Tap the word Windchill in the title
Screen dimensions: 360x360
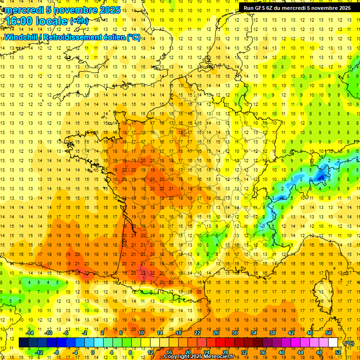22,37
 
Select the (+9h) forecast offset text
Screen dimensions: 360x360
78,21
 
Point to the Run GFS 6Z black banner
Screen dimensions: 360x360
297,7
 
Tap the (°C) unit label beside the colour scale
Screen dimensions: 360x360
349,343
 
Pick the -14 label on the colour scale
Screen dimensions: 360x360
30,333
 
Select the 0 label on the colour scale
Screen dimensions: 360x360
92,352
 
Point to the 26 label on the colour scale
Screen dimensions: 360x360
216,333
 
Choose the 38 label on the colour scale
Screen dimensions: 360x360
272,333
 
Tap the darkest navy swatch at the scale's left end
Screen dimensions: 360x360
23,343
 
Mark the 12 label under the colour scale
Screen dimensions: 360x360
150,352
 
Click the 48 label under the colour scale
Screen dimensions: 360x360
319,352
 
